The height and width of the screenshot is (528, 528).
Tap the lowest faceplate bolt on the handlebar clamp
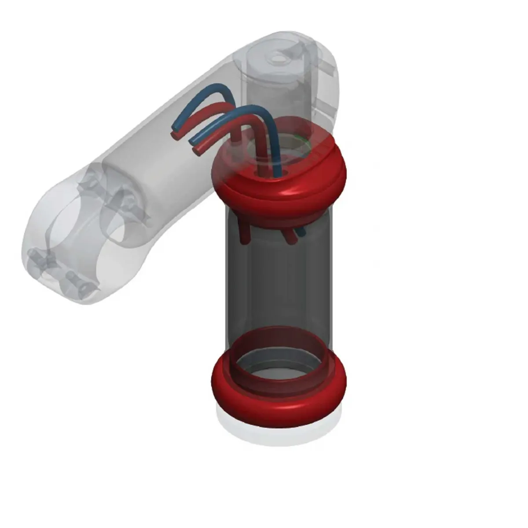click(x=82, y=286)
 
